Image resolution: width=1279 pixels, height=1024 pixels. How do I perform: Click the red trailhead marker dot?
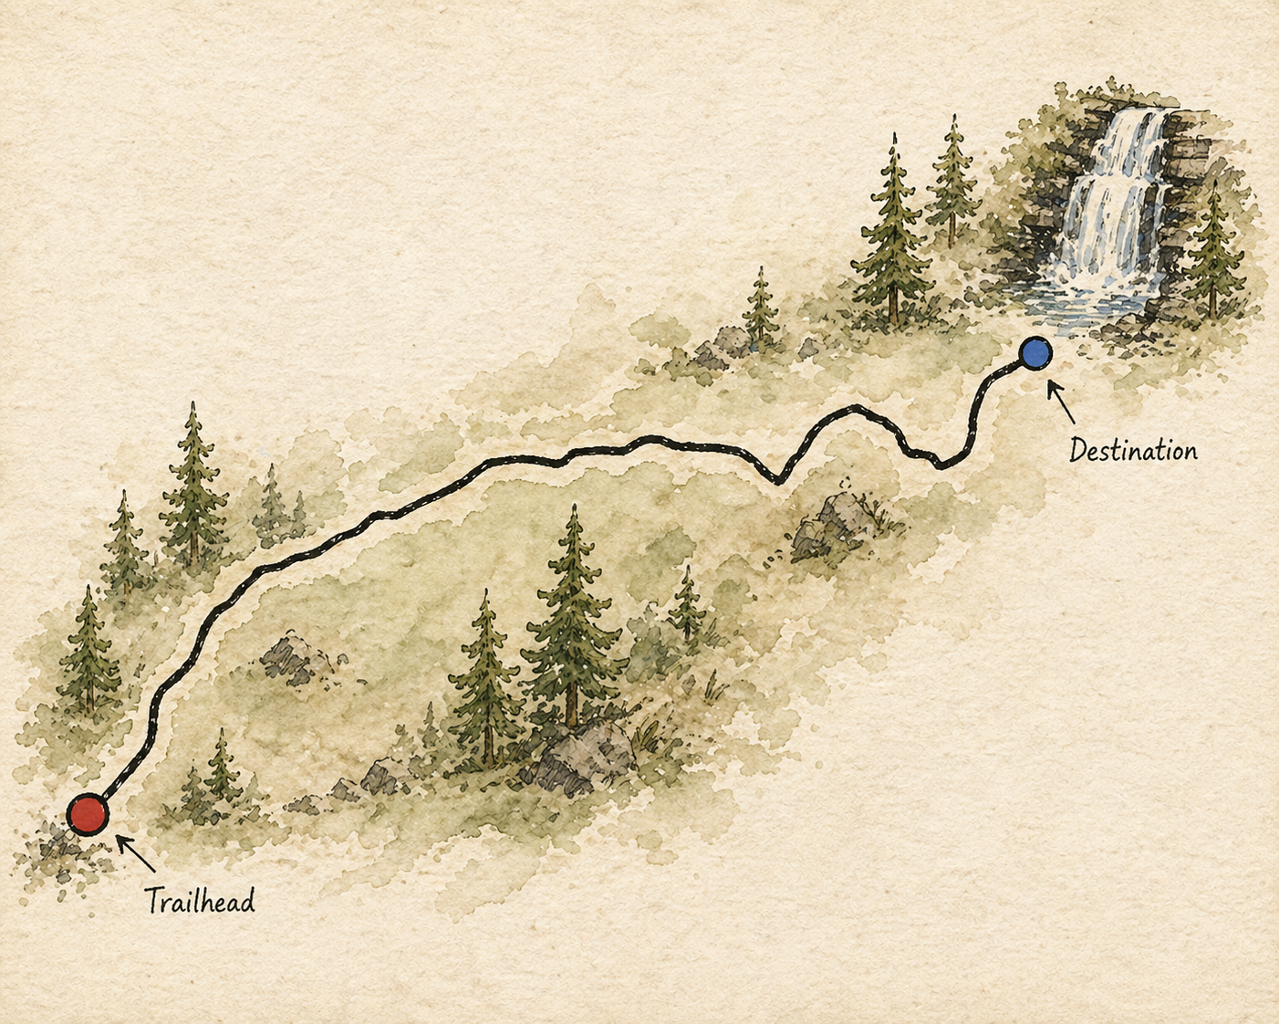pyautogui.click(x=88, y=814)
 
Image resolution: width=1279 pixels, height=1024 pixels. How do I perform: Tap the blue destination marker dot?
pyautogui.click(x=1035, y=353)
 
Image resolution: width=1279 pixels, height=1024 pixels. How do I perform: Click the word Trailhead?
pyautogui.click(x=200, y=902)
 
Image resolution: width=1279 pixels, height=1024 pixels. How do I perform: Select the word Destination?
pyautogui.click(x=1133, y=451)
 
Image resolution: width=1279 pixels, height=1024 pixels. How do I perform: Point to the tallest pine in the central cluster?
pyautogui.click(x=572, y=611)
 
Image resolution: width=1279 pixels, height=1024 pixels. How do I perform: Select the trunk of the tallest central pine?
pyautogui.click(x=572, y=703)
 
